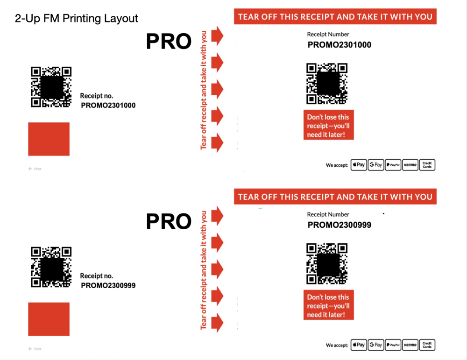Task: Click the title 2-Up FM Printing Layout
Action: [76, 19]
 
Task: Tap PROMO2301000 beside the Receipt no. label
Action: [108, 106]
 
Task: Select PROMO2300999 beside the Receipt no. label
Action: [108, 286]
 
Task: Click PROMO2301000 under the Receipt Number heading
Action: [339, 45]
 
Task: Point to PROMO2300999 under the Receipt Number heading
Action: [339, 225]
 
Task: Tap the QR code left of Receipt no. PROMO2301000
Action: [51, 87]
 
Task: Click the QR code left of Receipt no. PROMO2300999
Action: [51, 267]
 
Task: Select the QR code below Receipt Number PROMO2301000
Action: [327, 84]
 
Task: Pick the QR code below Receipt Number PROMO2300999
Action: [327, 264]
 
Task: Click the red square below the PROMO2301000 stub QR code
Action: [49, 139]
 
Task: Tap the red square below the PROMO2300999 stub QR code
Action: [49, 319]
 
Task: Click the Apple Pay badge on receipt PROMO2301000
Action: [359, 165]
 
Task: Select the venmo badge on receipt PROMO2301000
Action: [410, 165]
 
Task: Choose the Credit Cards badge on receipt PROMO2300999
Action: [427, 345]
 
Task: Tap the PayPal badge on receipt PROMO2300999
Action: [393, 345]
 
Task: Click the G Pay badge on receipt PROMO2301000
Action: [376, 165]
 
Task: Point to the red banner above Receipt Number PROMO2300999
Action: [335, 197]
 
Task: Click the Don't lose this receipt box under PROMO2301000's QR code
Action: [328, 125]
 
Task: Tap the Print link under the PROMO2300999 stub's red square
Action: [35, 349]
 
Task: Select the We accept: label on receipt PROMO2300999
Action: [337, 346]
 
